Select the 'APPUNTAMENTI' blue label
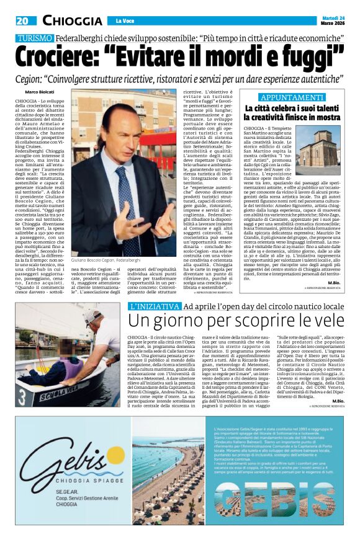pyautogui.click(x=292, y=97)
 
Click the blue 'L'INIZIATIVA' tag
pyautogui.click(x=152, y=308)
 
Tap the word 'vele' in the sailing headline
pyautogui.click(x=326, y=321)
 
